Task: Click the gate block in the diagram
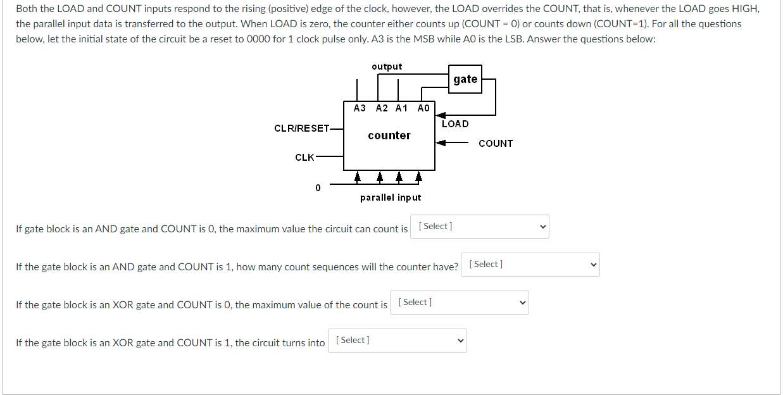[x=465, y=79]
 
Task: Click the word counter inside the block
[x=389, y=135]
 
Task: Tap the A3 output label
[x=360, y=108]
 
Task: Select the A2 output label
[x=382, y=108]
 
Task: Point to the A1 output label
[x=401, y=108]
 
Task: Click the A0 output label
[x=423, y=108]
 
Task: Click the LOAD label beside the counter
[x=455, y=124]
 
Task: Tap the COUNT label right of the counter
[x=496, y=144]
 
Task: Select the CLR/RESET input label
[x=302, y=129]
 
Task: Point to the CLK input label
[x=304, y=158]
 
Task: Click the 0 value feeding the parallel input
[x=318, y=187]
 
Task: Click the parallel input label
[x=390, y=197]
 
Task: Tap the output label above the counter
[x=387, y=66]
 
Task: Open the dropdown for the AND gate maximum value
[x=479, y=227]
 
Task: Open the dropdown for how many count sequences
[x=530, y=265]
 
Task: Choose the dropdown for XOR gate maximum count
[x=459, y=303]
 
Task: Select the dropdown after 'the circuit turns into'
[x=397, y=341]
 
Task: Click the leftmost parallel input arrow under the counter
[x=358, y=176]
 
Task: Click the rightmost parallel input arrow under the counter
[x=418, y=176]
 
